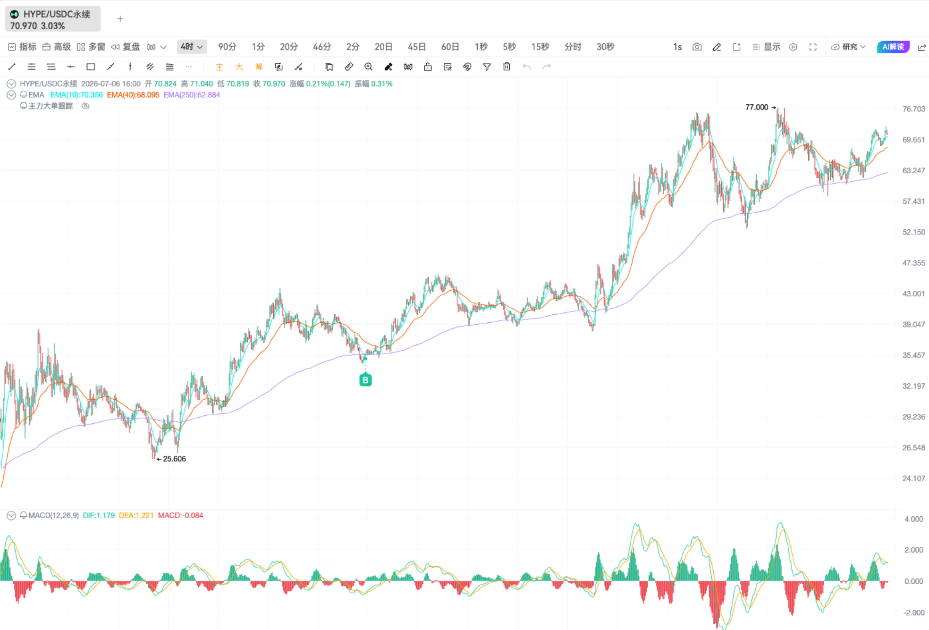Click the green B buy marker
point(365,380)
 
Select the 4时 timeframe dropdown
point(192,47)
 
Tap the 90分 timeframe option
point(227,47)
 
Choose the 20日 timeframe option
point(383,47)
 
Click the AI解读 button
point(893,47)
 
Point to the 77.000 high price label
point(757,107)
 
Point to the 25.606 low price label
point(174,459)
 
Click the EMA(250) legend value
point(192,95)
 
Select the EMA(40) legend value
point(133,95)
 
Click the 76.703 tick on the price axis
point(913,109)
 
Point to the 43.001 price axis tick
point(913,294)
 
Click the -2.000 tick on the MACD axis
point(913,613)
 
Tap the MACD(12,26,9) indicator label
point(53,515)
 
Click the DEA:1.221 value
point(136,515)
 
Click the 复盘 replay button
point(126,47)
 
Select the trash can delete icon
point(507,67)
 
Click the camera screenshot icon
point(697,47)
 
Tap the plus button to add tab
point(120,19)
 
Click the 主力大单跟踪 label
point(51,106)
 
